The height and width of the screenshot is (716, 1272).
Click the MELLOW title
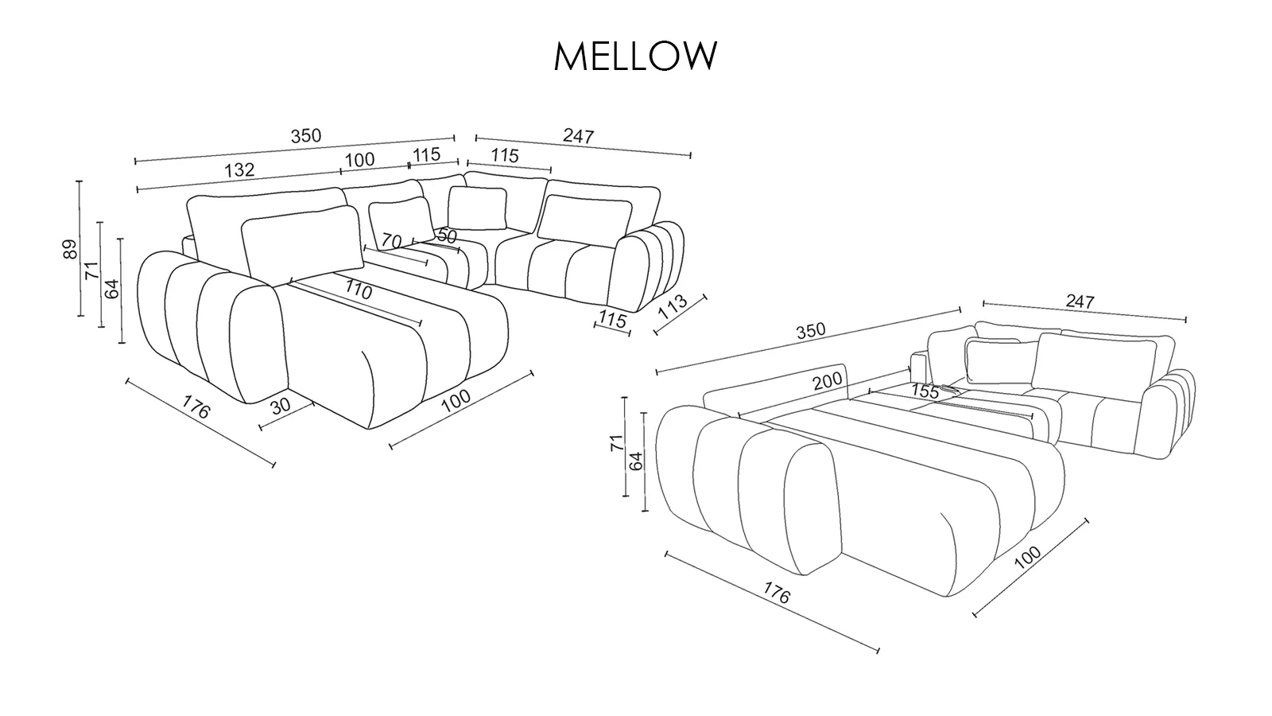click(x=635, y=56)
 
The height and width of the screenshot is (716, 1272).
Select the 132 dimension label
click(x=239, y=169)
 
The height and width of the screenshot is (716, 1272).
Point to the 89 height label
click(x=70, y=249)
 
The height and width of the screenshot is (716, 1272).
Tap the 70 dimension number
click(x=391, y=239)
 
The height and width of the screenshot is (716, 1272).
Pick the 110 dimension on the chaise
click(x=358, y=290)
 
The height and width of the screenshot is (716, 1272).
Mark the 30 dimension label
click(x=281, y=405)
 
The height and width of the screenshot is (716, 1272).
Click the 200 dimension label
click(x=827, y=382)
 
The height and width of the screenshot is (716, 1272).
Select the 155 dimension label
click(x=925, y=391)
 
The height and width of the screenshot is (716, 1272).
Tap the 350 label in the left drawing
click(x=305, y=136)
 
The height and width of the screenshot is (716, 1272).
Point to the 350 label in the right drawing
click(x=810, y=331)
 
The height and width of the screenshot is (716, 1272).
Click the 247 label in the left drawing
click(x=578, y=136)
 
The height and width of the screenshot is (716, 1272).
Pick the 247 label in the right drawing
click(x=1080, y=302)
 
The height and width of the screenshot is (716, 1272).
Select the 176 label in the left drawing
click(x=196, y=407)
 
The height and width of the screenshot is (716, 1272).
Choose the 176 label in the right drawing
click(x=777, y=593)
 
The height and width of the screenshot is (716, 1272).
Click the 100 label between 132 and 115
click(x=359, y=160)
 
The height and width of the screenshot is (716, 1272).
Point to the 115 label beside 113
click(x=612, y=320)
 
